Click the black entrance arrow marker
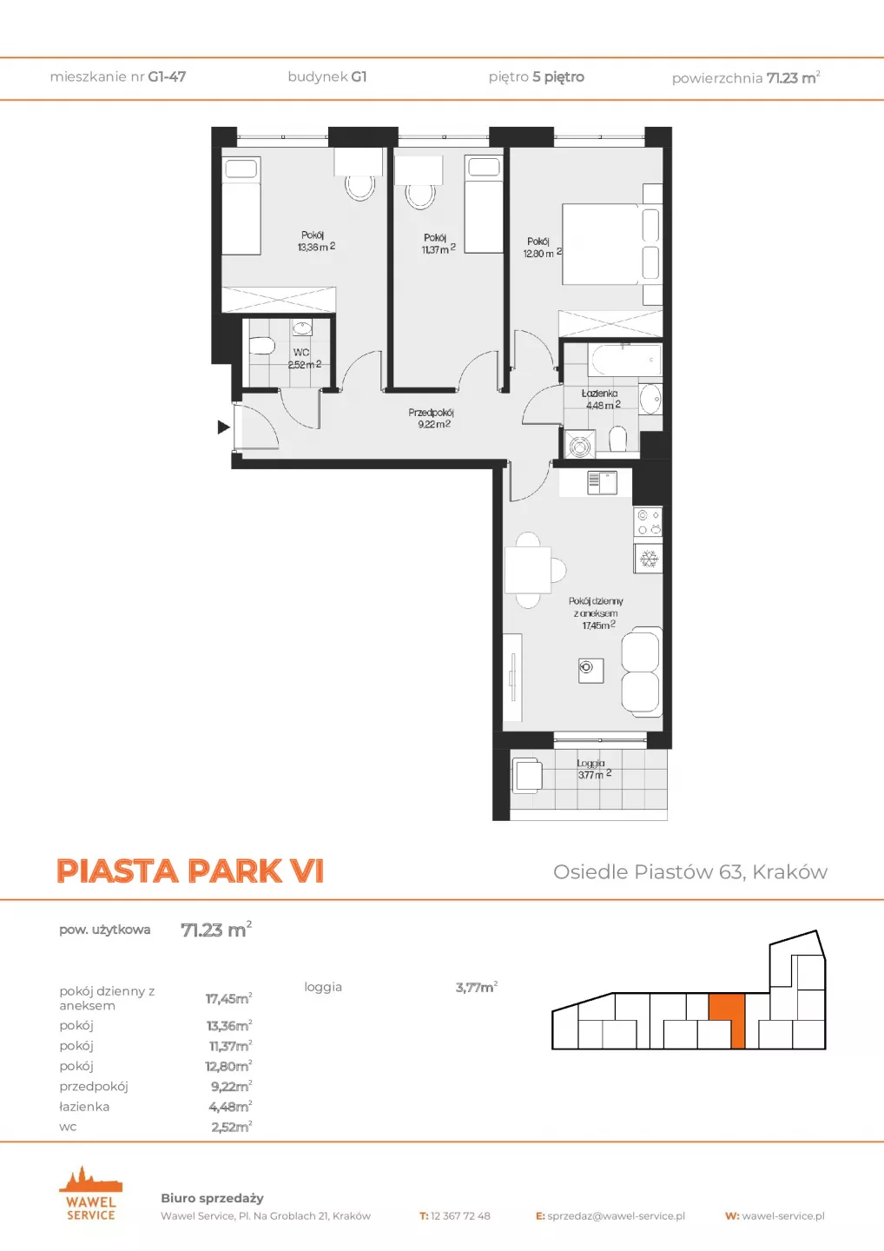coord(223,427)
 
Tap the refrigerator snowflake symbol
coord(649,559)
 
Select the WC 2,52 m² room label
coord(304,359)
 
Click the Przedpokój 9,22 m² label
coord(432,419)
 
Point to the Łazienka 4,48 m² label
coord(602,400)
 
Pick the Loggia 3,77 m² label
coord(593,769)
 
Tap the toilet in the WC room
coord(261,347)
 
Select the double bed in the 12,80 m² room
coord(611,245)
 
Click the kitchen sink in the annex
coord(602,483)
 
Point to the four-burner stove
coord(649,522)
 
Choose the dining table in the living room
coord(527,570)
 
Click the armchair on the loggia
coord(526,775)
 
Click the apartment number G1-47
coord(167,76)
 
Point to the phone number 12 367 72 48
coord(460,1216)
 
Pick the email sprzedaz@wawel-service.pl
coord(617,1216)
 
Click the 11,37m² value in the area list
coord(230,1045)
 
